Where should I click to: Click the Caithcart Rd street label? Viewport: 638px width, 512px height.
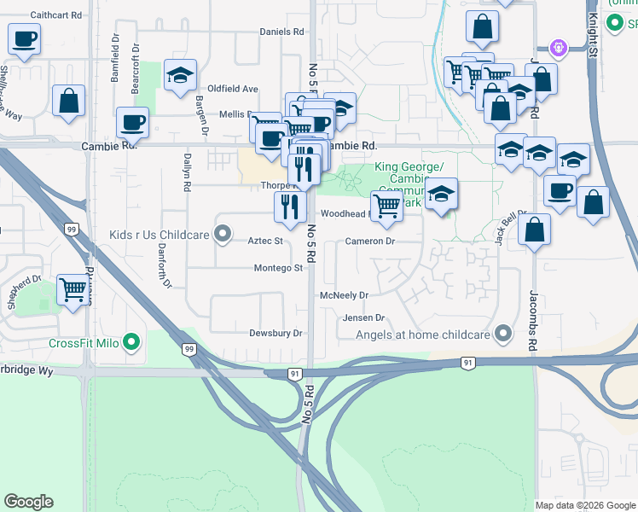pyautogui.click(x=56, y=15)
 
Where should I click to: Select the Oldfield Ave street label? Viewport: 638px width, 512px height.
pyautogui.click(x=233, y=89)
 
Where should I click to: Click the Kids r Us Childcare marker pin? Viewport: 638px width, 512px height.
pyautogui.click(x=223, y=233)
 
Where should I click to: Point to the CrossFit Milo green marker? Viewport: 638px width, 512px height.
pyautogui.click(x=130, y=343)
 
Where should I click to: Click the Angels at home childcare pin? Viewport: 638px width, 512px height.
pyautogui.click(x=503, y=335)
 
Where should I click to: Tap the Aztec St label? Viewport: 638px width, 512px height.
pyautogui.click(x=265, y=241)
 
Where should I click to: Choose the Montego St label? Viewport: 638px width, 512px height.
pyautogui.click(x=278, y=268)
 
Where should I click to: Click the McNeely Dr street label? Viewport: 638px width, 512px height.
pyautogui.click(x=344, y=295)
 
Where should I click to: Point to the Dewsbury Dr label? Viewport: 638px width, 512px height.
pyautogui.click(x=276, y=333)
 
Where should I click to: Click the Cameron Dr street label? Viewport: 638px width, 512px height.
pyautogui.click(x=370, y=241)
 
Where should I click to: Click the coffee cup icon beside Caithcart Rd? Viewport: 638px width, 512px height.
pyautogui.click(x=24, y=38)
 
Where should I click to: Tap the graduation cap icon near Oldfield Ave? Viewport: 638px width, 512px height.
pyautogui.click(x=180, y=74)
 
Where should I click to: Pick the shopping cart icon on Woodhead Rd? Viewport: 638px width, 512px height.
pyautogui.click(x=387, y=205)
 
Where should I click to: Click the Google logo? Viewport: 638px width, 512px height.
pyautogui.click(x=28, y=502)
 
